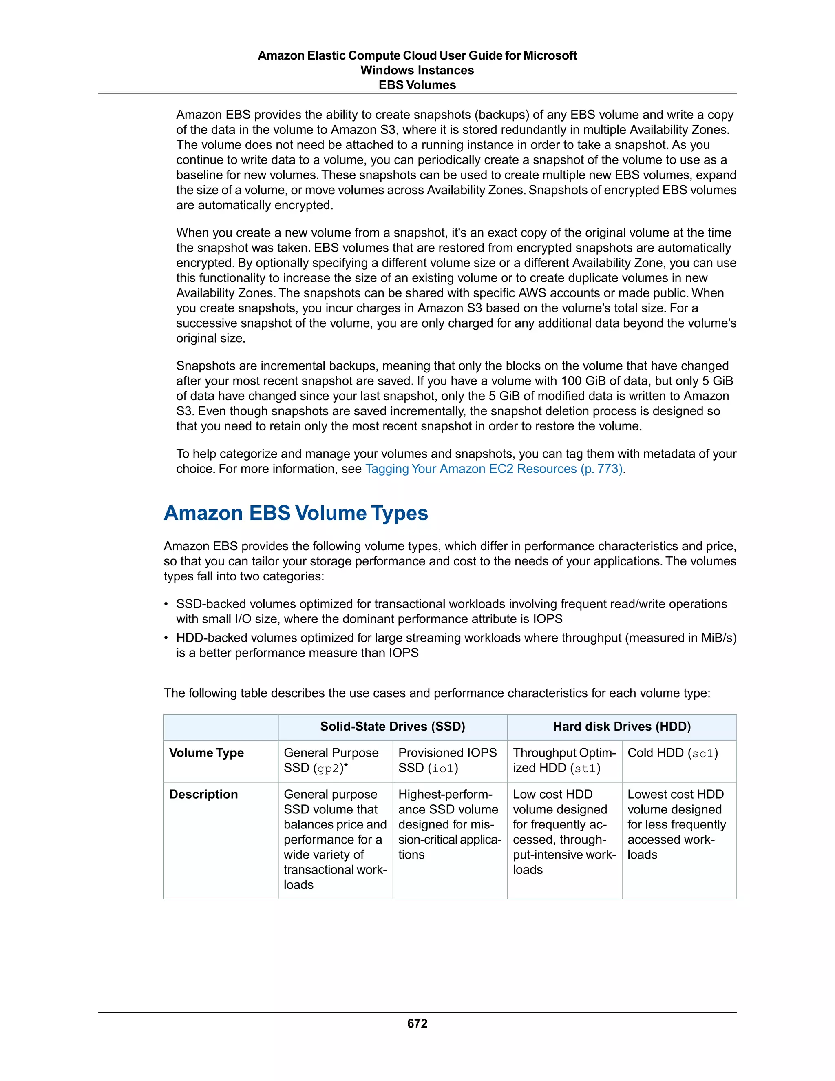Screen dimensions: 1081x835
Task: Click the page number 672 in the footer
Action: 417,1023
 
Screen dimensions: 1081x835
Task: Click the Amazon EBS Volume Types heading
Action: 296,513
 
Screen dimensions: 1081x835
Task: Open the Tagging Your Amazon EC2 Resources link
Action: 494,469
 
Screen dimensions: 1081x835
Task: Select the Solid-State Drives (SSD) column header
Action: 392,727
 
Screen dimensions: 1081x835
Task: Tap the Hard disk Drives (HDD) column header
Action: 622,727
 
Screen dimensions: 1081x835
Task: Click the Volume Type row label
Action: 206,753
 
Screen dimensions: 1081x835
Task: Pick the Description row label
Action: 203,794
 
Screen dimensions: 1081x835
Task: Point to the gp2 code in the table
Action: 327,768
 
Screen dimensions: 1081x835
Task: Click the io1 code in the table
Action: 443,768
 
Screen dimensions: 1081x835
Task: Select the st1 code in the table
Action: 585,768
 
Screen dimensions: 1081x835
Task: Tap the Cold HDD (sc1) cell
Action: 672,753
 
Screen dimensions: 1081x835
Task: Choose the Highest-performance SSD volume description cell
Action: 449,824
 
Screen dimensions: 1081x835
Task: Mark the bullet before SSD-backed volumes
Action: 167,605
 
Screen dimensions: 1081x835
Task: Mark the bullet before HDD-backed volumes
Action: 167,638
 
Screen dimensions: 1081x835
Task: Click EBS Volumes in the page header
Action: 417,85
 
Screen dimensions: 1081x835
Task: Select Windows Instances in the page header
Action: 417,70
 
